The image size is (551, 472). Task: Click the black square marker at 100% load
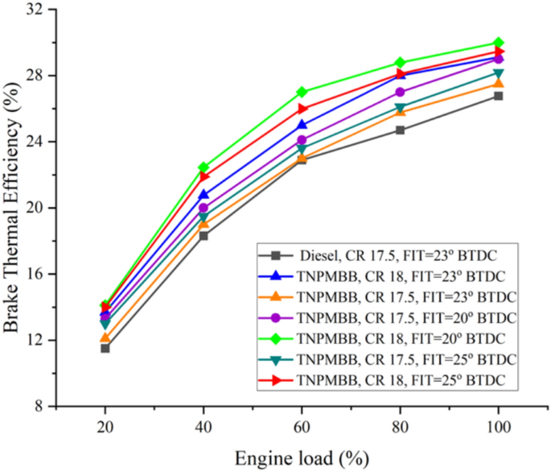(499, 96)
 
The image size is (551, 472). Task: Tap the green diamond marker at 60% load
(302, 92)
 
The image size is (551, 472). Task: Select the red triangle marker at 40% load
(204, 176)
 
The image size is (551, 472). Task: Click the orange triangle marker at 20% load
(105, 337)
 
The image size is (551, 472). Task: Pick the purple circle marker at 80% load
(400, 93)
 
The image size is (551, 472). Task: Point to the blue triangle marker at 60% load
(302, 125)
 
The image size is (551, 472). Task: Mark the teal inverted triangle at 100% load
(499, 74)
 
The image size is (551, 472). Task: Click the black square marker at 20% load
(105, 348)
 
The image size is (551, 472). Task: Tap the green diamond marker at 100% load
(499, 43)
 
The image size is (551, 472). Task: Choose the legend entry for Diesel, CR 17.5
(389, 256)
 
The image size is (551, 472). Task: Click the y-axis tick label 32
(35, 10)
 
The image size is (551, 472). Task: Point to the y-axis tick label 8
(39, 407)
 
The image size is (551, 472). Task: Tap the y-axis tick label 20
(35, 208)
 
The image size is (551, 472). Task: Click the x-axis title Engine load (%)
(302, 458)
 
